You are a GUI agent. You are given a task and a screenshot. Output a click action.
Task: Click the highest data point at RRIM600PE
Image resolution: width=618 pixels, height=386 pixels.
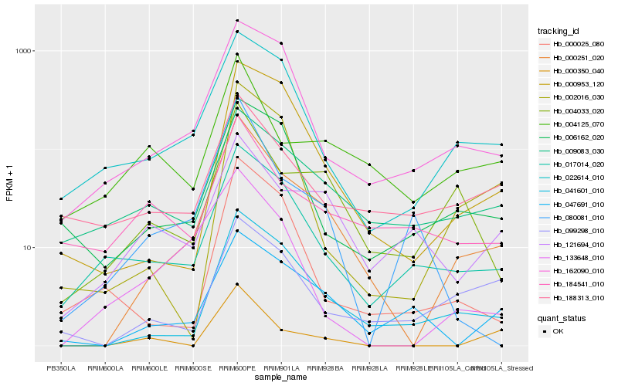pos(237,21)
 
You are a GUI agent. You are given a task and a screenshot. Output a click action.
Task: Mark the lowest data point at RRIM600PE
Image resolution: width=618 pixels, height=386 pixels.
pos(237,285)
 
